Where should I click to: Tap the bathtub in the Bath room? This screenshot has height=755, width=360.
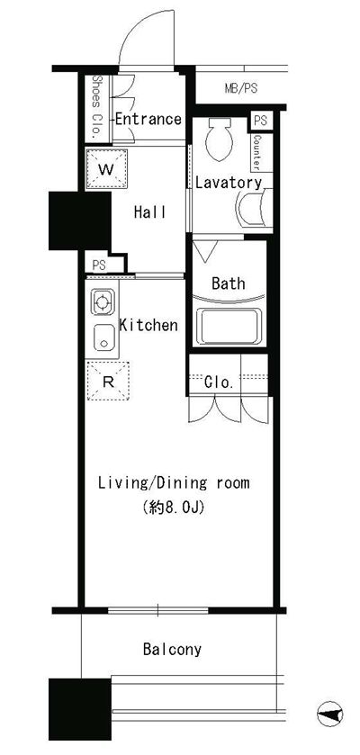[229, 327]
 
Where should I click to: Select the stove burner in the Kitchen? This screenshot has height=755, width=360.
[102, 302]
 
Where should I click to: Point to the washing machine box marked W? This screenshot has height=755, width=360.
[107, 169]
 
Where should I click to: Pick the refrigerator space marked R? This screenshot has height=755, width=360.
[108, 381]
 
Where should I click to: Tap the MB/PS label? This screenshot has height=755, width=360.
[241, 88]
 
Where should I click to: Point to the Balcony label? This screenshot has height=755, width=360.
[172, 650]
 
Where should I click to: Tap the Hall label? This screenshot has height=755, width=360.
[149, 211]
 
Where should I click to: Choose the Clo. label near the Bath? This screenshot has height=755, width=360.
[219, 382]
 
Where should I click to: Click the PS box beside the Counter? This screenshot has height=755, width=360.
[260, 121]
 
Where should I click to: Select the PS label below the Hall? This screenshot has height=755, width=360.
[99, 265]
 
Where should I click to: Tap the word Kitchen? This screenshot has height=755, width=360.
[148, 325]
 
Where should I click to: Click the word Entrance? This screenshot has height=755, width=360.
[148, 119]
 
